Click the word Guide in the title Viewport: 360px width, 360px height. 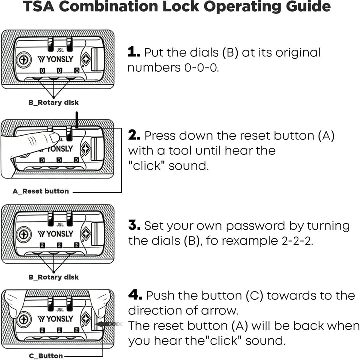pyautogui.click(x=308, y=7)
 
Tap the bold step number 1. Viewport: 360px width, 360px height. pyautogui.click(x=134, y=52)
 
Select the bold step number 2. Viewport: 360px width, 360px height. pyautogui.click(x=134, y=135)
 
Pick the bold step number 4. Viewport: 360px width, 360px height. pyautogui.click(x=135, y=295)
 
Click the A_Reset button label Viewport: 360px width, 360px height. pyautogui.click(x=41, y=191)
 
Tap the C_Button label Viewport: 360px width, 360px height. pyautogui.click(x=46, y=356)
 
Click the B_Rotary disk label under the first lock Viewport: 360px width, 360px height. pyautogui.click(x=53, y=102)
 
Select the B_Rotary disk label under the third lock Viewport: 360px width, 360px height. pyautogui.click(x=53, y=277)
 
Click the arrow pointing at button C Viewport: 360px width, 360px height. pyautogui.click(x=109, y=324)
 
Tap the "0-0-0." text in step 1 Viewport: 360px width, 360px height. pyautogui.click(x=202, y=68)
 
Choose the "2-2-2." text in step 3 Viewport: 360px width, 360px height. pyautogui.click(x=297, y=241)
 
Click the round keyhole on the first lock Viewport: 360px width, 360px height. pyautogui.click(x=24, y=60)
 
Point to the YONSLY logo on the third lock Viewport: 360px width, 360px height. pyautogui.click(x=55, y=234)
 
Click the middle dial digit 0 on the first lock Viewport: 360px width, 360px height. pyautogui.click(x=59, y=71)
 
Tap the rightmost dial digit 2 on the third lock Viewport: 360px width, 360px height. pyautogui.click(x=77, y=245)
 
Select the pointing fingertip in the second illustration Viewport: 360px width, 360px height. pyautogui.click(x=54, y=138)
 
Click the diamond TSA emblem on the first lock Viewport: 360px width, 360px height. pyautogui.click(x=86, y=59)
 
